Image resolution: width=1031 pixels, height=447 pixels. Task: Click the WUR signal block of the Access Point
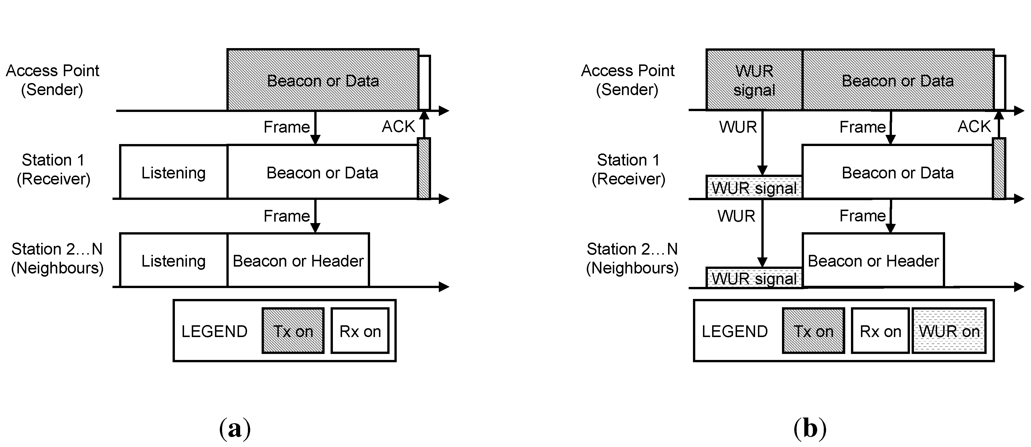(x=754, y=80)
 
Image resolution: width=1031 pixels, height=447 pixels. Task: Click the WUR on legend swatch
(x=949, y=331)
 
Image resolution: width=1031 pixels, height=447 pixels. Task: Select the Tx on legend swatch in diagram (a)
(x=293, y=331)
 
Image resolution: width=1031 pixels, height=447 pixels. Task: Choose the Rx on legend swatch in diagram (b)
(x=880, y=331)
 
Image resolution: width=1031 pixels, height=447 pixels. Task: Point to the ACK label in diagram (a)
(x=398, y=127)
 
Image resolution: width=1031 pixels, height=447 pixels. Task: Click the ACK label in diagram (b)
(x=973, y=127)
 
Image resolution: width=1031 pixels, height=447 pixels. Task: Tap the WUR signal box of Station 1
(x=754, y=188)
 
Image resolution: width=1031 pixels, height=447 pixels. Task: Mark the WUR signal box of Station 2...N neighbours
(x=754, y=278)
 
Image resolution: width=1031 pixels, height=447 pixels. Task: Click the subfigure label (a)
(x=235, y=429)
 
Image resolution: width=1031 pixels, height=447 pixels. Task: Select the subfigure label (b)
(x=810, y=429)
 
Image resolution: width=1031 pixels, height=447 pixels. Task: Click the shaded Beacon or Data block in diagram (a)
(x=323, y=80)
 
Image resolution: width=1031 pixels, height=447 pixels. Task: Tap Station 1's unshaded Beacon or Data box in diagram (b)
(x=897, y=172)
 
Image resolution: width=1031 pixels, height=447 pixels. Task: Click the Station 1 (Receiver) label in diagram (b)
(x=628, y=169)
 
